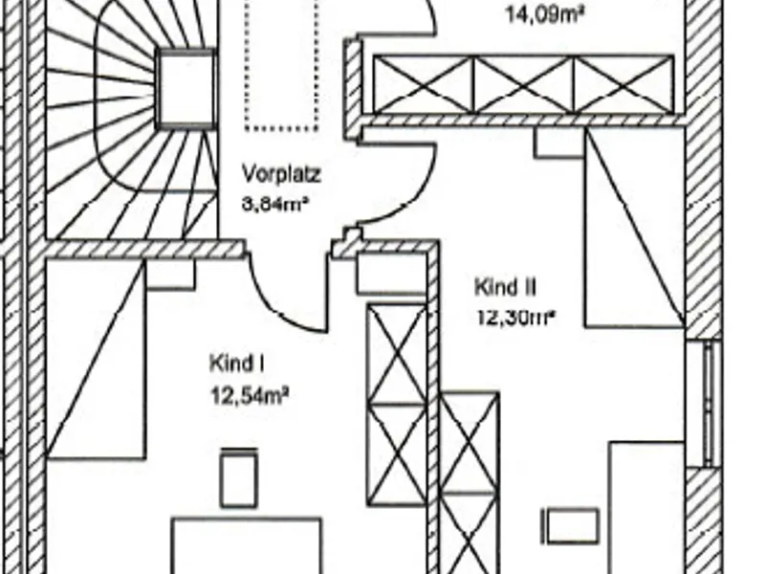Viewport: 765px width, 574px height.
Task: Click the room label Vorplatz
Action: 280,175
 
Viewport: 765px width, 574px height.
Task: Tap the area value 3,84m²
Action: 276,204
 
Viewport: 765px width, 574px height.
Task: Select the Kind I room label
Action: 236,364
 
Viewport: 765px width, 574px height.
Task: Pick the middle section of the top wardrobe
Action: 523,84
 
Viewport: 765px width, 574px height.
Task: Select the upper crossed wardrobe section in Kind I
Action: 397,354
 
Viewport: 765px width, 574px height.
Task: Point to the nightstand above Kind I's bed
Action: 170,274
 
